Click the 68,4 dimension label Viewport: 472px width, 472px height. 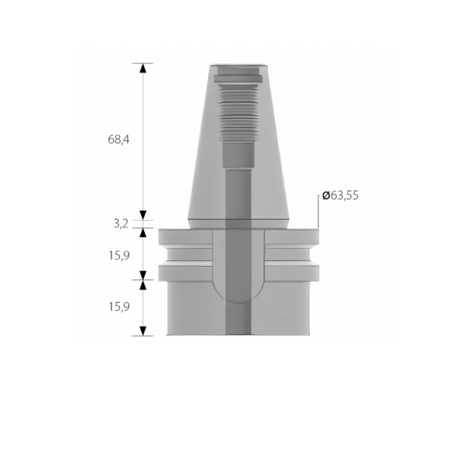pyautogui.click(x=119, y=140)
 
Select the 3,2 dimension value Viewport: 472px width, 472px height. pyautogui.click(x=120, y=224)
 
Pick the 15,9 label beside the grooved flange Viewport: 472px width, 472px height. pyautogui.click(x=120, y=254)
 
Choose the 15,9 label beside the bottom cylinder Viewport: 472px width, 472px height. pyautogui.click(x=120, y=307)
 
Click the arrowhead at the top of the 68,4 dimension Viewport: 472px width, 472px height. pyautogui.click(x=143, y=68)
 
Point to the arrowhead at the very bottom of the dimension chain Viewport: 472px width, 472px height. pyautogui.click(x=143, y=331)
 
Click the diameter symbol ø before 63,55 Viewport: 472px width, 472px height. pyautogui.click(x=326, y=196)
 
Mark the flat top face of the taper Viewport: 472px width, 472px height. pyautogui.click(x=238, y=65)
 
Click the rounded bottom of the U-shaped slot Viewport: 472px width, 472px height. pyautogui.click(x=238, y=295)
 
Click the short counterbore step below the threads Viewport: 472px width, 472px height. pyautogui.click(x=238, y=154)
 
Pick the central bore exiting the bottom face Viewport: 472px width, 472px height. pyautogui.click(x=238, y=329)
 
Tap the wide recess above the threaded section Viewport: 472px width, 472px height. pyautogui.click(x=238, y=78)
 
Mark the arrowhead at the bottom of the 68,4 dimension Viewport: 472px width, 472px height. pyautogui.click(x=143, y=214)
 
